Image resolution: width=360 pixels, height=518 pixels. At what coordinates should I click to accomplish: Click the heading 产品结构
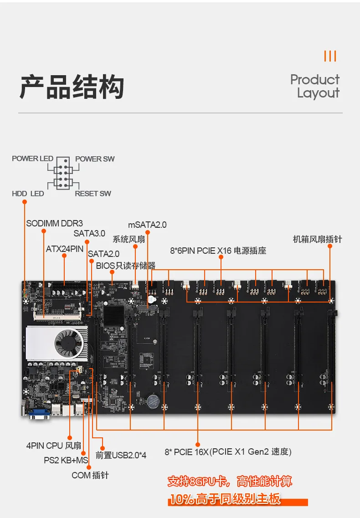(72, 87)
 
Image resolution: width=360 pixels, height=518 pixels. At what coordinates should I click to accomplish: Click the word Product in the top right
(315, 80)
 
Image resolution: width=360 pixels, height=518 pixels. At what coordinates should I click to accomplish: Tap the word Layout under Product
(318, 93)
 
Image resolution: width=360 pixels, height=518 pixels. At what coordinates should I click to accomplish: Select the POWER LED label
(32, 159)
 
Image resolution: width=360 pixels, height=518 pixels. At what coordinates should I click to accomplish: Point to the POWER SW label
(95, 159)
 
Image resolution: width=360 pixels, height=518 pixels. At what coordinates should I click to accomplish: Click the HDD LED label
(28, 194)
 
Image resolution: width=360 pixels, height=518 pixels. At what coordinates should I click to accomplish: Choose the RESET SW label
(93, 194)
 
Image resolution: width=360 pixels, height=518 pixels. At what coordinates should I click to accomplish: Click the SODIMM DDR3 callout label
(54, 224)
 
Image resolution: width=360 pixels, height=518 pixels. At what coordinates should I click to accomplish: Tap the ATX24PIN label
(65, 249)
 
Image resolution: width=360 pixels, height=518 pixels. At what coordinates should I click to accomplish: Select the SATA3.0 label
(89, 233)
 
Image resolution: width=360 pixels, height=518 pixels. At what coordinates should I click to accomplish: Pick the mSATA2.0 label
(147, 225)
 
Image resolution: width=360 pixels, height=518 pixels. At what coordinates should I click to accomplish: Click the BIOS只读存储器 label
(126, 265)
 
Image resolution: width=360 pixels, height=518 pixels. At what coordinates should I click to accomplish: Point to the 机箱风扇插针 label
(317, 240)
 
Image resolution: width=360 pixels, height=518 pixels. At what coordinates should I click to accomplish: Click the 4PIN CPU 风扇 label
(54, 446)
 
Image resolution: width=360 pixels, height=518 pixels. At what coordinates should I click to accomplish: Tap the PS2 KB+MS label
(66, 461)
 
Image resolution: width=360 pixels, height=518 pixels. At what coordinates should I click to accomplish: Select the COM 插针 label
(90, 475)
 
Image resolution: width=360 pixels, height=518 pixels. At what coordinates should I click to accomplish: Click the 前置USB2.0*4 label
(121, 455)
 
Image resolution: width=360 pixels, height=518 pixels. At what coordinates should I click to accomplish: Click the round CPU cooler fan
(69, 342)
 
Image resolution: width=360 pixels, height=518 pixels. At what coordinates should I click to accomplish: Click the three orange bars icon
(330, 56)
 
